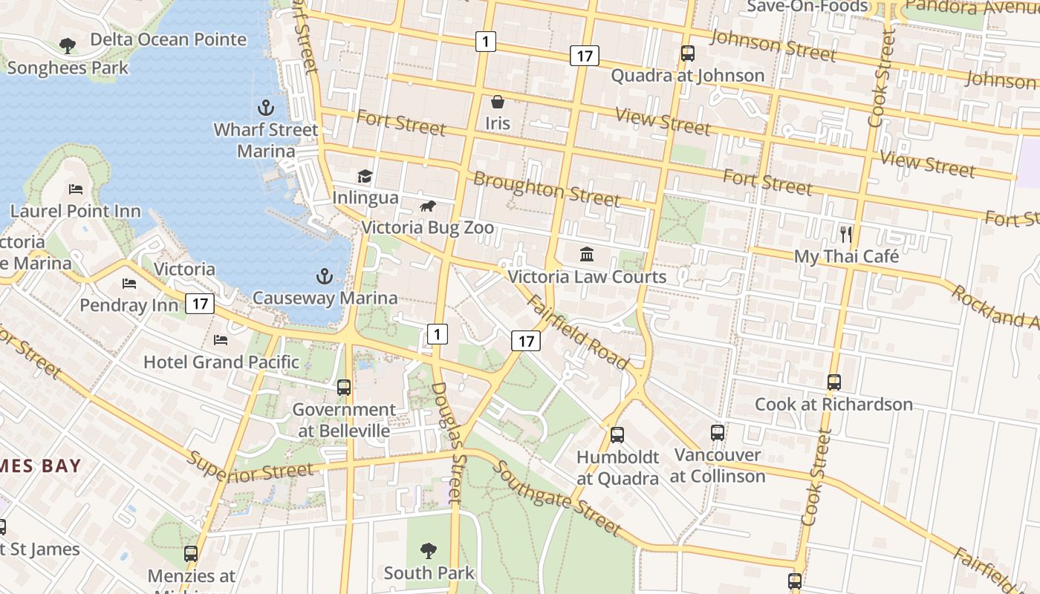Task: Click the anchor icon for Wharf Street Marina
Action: pos(265,107)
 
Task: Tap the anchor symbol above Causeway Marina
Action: pos(324,277)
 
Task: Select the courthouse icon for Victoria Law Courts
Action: pos(587,255)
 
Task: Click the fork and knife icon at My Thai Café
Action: pos(845,234)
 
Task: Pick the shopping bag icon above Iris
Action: pos(497,101)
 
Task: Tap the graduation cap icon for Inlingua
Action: pos(365,176)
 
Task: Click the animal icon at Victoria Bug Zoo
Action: pos(427,206)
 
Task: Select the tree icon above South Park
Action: pos(428,550)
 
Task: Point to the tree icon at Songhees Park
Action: pos(67,45)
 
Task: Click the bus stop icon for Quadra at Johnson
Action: pos(688,53)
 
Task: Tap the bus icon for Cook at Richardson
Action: pos(833,382)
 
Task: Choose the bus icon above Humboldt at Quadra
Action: pos(617,435)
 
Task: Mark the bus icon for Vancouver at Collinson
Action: pos(717,433)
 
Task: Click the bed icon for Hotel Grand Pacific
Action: pos(221,340)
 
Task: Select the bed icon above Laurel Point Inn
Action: pos(76,189)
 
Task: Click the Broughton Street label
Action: pos(546,189)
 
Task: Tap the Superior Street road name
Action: pos(250,465)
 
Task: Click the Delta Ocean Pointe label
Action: pos(168,39)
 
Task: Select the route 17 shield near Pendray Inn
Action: pos(201,304)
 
